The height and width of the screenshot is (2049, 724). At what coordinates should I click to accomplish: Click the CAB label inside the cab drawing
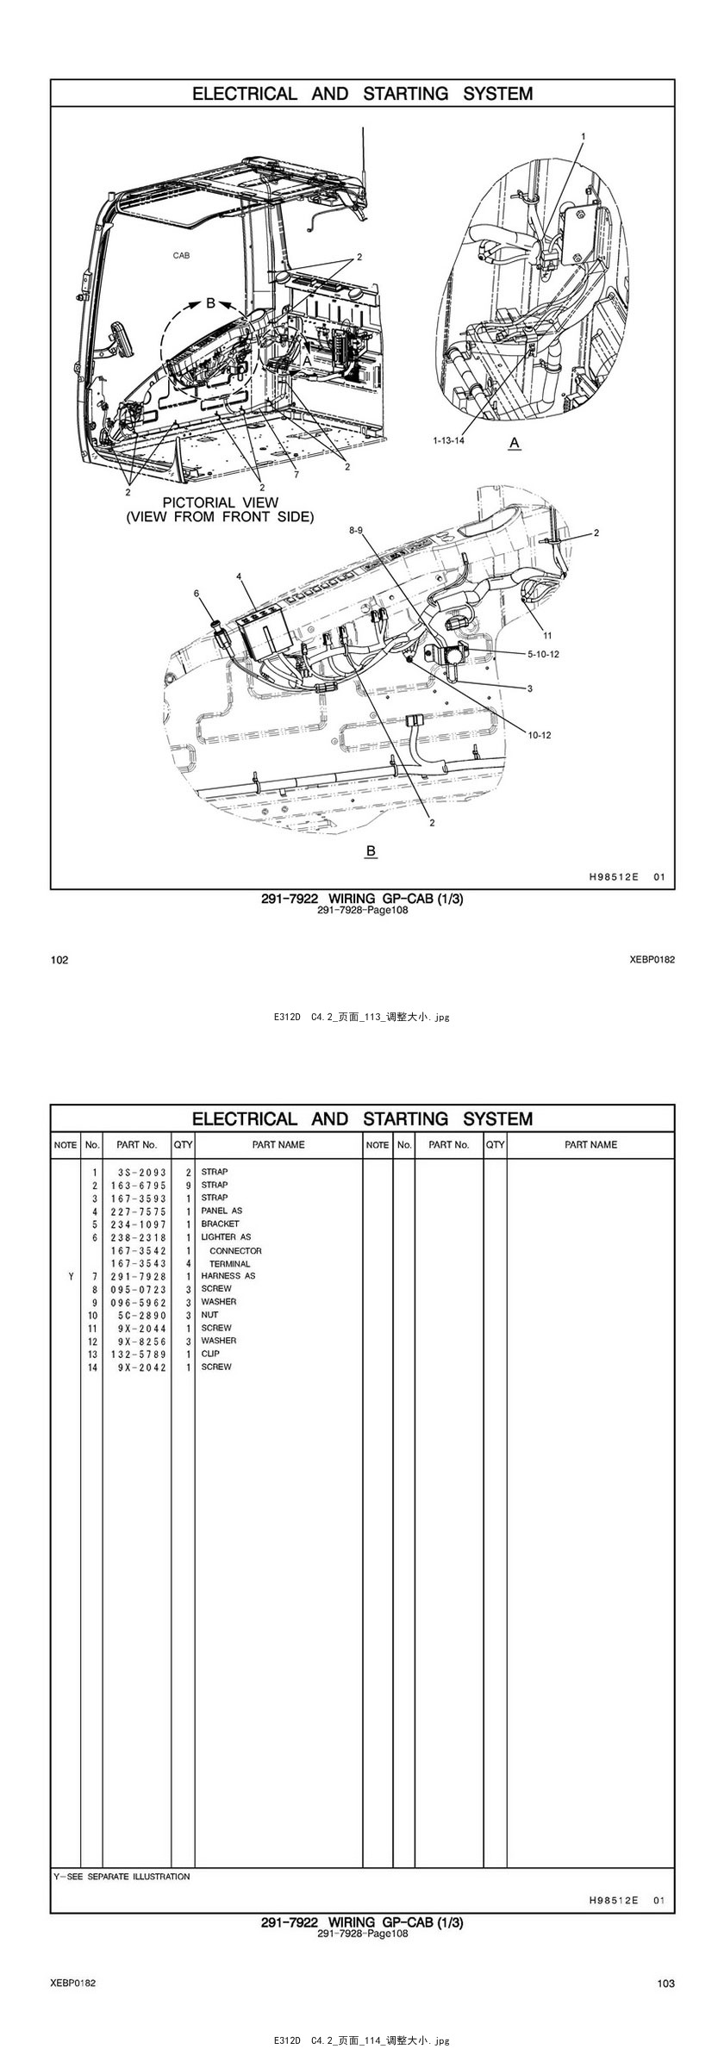coord(181,255)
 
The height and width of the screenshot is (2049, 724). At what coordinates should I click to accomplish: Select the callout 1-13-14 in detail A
coord(448,440)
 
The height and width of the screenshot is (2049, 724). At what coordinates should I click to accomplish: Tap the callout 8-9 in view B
coord(356,531)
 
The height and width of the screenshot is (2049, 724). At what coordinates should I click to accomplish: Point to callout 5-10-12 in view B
coord(543,654)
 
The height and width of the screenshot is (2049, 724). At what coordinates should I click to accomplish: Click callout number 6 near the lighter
coord(197,593)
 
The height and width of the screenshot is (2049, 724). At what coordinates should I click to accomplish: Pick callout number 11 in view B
coord(547,636)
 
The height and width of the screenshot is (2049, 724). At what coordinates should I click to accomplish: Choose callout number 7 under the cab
coord(296,475)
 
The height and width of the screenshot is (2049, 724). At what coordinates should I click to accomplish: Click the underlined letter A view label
coord(515,443)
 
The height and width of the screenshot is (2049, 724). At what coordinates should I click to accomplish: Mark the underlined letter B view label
coord(371,851)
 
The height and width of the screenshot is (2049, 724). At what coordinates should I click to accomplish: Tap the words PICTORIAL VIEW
coord(221,502)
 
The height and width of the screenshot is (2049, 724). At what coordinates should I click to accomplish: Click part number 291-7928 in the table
coord(138,1276)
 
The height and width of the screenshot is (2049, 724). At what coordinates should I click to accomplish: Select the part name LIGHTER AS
coord(226,1236)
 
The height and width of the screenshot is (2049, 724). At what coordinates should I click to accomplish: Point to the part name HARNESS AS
coord(228,1276)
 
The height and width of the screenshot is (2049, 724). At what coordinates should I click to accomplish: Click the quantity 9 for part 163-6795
coord(188,1186)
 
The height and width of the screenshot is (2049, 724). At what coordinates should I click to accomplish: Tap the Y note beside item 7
coord(70,1276)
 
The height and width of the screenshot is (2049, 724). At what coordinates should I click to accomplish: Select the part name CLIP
coord(210,1354)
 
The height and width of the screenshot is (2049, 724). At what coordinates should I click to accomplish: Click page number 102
coord(59,960)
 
